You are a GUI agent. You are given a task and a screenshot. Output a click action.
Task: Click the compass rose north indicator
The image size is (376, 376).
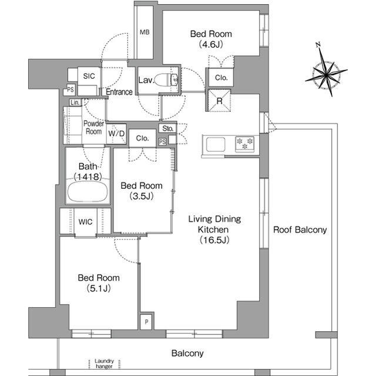318,44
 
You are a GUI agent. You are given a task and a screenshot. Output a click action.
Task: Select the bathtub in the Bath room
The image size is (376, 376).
88,192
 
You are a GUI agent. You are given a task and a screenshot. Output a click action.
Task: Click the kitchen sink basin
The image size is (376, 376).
216,145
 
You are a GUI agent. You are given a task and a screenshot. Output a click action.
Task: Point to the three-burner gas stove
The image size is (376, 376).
244,144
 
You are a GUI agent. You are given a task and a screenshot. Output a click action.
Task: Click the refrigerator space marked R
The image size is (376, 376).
219,101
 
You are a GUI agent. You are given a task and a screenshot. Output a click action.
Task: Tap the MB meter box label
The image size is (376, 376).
145,32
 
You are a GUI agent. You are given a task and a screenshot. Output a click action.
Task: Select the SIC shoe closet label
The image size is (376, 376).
89,76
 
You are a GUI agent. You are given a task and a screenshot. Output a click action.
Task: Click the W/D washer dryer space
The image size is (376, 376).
116,134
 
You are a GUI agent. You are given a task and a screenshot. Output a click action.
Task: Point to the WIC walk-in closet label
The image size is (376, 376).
85,222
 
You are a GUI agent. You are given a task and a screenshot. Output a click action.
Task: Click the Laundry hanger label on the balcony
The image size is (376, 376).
104,364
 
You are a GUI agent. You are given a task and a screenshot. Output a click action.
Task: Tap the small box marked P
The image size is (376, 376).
147,322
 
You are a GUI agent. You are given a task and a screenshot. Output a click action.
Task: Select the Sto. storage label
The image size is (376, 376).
167,128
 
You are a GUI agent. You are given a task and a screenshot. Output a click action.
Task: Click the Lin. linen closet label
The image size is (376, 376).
75,103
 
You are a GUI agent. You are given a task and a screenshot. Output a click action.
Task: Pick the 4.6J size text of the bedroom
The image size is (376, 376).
211,44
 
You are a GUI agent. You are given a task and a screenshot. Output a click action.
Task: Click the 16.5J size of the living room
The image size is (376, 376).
214,240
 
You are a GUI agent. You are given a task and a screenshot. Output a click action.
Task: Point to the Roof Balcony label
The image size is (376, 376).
300,229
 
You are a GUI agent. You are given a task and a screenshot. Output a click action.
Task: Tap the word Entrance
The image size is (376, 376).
119,92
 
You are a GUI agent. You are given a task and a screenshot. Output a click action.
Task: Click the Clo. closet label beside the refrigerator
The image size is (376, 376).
221,78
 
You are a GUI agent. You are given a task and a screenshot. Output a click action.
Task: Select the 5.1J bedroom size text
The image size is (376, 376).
99,288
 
